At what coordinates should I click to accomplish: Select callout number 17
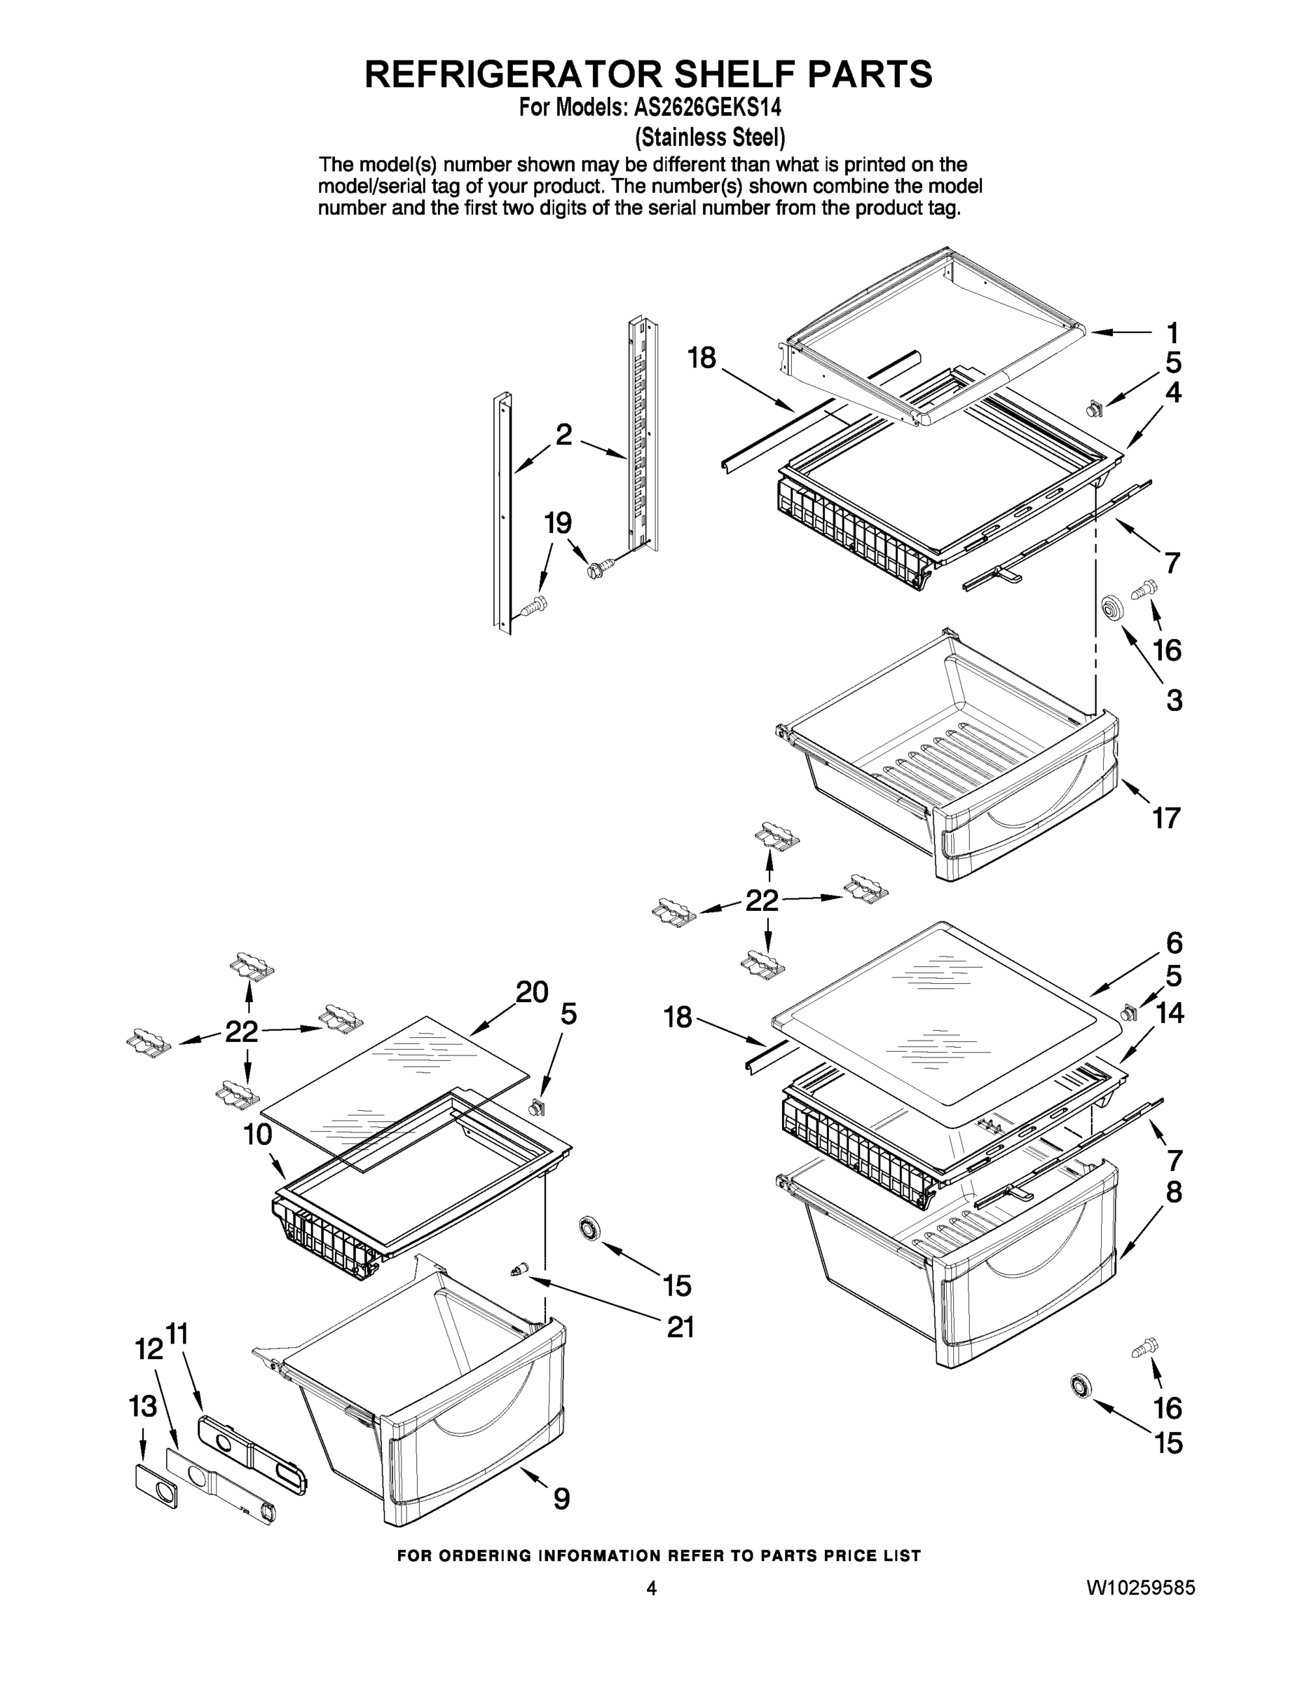[x=1166, y=818]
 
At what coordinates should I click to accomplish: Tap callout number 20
[x=531, y=992]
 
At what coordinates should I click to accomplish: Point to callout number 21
[x=680, y=1327]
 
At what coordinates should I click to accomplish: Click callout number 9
[x=561, y=1499]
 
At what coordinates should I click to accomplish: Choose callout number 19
[x=558, y=523]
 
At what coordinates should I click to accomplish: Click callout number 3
[x=1174, y=700]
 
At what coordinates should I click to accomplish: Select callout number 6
[x=1174, y=942]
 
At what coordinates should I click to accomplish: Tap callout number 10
[x=258, y=1135]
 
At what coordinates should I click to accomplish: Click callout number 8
[x=1173, y=1192]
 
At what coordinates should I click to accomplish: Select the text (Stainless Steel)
[x=709, y=137]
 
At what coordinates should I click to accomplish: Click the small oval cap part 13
[x=156, y=1483]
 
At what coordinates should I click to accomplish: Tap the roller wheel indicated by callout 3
[x=1111, y=608]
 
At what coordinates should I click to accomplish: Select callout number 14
[x=1169, y=1013]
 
